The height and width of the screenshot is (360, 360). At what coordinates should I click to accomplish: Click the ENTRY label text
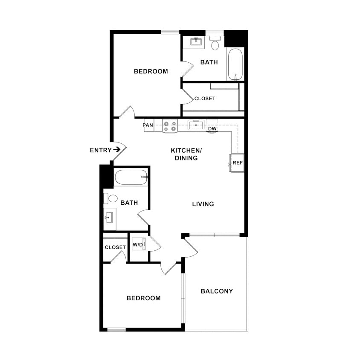tap(100, 150)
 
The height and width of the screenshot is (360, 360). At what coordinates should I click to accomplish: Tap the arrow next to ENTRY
tap(116, 150)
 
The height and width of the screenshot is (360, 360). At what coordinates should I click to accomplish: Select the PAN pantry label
tap(148, 125)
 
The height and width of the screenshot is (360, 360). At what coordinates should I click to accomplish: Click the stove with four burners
tap(170, 126)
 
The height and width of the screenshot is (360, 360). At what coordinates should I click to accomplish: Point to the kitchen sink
tap(196, 125)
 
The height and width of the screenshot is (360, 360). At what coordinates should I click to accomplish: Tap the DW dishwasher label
tap(212, 129)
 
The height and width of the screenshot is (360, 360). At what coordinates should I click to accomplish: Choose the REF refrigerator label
tap(237, 163)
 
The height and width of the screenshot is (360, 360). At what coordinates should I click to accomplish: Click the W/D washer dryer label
tap(137, 245)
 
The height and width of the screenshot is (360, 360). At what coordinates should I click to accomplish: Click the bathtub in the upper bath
tap(235, 64)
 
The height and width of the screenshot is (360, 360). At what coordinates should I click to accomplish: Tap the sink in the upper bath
tap(196, 42)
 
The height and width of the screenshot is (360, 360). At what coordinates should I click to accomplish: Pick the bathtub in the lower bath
tap(131, 177)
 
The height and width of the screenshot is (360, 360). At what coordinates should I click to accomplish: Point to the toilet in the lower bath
tap(112, 198)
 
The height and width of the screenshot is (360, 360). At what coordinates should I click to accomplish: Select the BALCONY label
tap(217, 291)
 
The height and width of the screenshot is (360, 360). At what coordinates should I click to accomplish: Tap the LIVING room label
tap(203, 204)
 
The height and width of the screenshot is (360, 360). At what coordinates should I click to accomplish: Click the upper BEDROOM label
tap(151, 71)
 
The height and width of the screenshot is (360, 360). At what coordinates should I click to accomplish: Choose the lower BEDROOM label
tap(143, 298)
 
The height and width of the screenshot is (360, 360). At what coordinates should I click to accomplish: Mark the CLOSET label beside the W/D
tap(115, 247)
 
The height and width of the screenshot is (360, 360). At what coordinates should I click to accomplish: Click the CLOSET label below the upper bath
tap(205, 99)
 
